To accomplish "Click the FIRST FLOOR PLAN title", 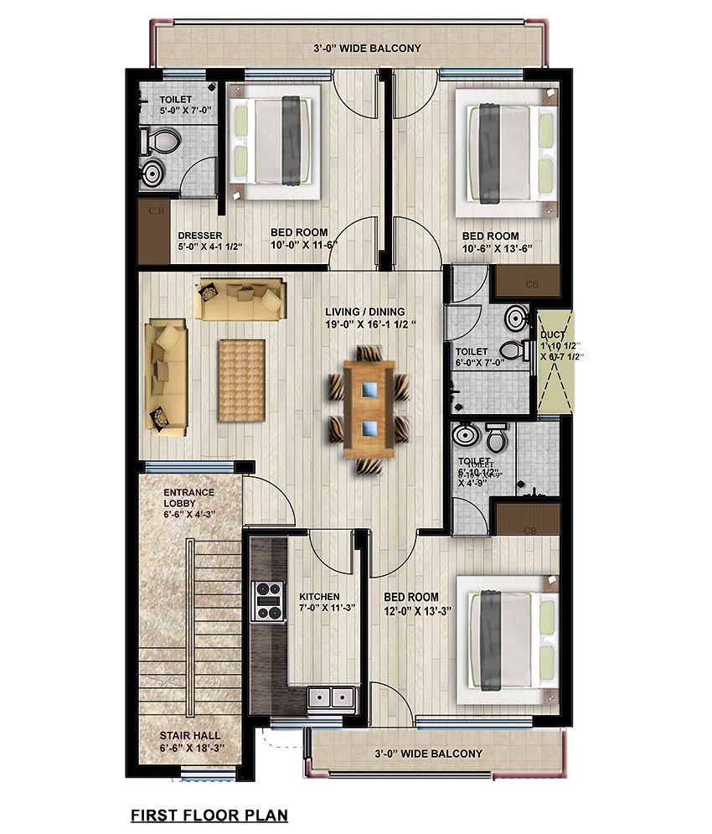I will (209, 814).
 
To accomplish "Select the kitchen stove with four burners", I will (269, 601).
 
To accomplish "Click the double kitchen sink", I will (331, 698).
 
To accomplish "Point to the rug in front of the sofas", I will (241, 380).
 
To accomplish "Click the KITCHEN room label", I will (319, 597).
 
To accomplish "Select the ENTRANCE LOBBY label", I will (188, 498).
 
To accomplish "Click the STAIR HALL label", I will (190, 735).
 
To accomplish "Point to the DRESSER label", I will (200, 236).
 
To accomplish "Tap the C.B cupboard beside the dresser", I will (155, 230).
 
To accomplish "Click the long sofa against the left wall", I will (165, 376).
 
